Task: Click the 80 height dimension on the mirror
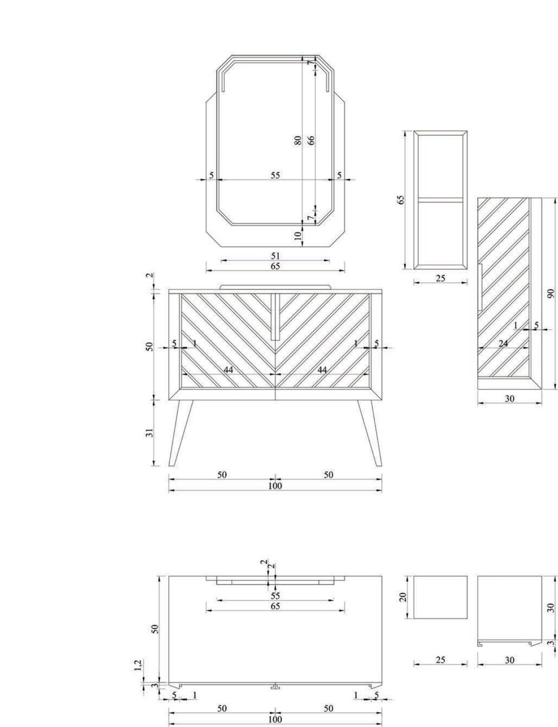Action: [x=298, y=140]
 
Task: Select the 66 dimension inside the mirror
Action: [x=311, y=140]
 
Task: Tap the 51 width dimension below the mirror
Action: [x=275, y=256]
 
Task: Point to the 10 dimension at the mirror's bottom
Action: [x=298, y=236]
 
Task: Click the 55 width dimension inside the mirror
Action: [x=275, y=175]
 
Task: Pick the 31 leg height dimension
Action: [x=150, y=433]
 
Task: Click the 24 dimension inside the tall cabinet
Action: [x=503, y=343]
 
